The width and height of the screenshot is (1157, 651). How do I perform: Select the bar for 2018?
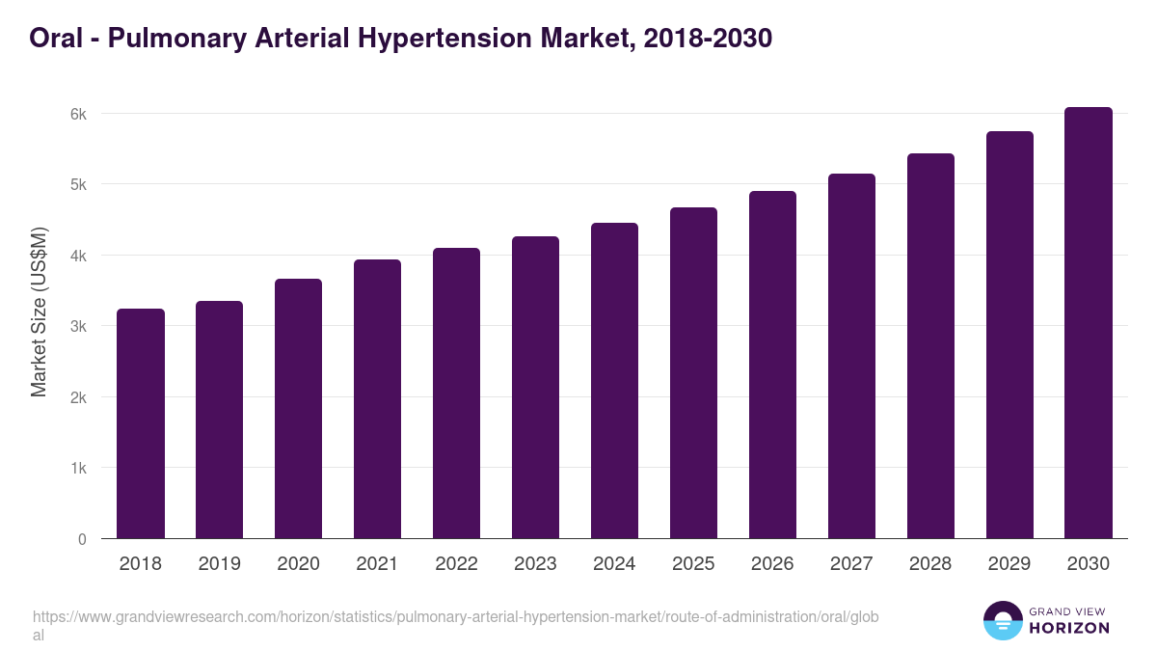click(141, 423)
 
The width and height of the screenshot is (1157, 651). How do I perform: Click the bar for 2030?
click(1089, 323)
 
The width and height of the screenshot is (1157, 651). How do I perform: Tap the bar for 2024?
click(614, 381)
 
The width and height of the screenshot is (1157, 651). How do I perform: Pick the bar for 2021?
click(377, 399)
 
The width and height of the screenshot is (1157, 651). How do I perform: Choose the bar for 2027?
click(851, 356)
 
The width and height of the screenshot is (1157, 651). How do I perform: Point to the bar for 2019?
click(219, 420)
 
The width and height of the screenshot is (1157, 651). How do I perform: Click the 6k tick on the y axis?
click(78, 114)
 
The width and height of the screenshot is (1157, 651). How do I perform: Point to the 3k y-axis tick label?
click(78, 327)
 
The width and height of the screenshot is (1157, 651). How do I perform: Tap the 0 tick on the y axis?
click(82, 539)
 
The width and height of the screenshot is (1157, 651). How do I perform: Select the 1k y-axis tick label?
click(78, 469)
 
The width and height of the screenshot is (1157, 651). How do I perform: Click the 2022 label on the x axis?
click(456, 564)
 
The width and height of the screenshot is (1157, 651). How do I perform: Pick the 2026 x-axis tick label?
click(772, 564)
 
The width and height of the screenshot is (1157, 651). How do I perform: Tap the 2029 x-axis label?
click(1009, 564)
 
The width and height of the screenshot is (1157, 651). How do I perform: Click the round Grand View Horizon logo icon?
click(1003, 620)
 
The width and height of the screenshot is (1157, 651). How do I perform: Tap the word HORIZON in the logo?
click(1070, 628)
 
